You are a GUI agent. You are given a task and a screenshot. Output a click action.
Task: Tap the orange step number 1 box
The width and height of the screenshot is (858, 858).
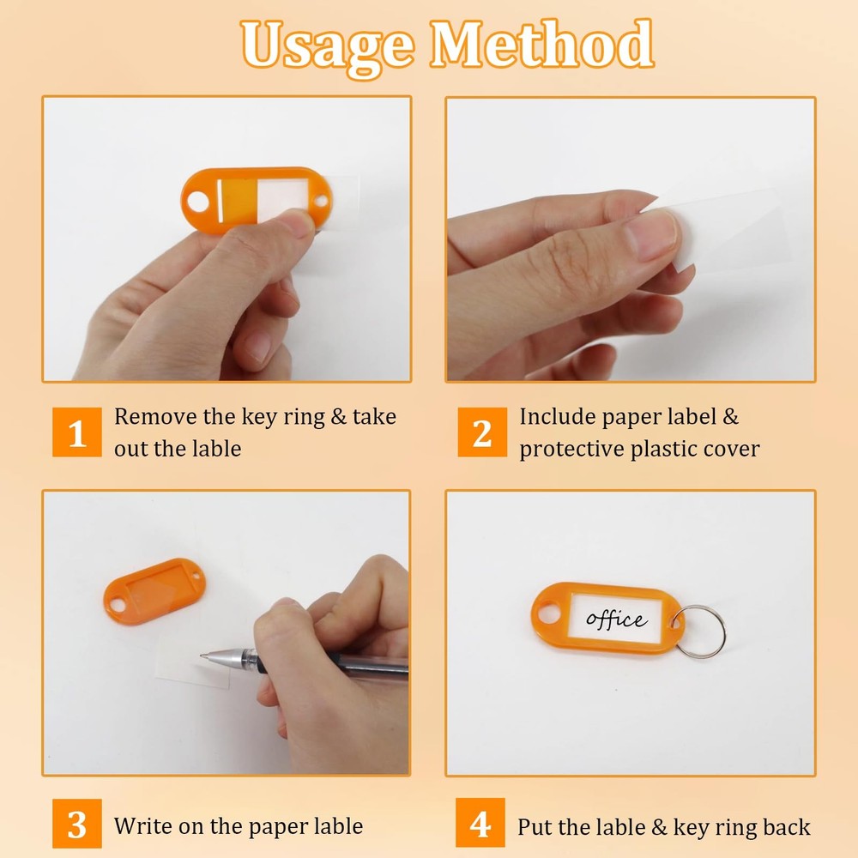point(76,432)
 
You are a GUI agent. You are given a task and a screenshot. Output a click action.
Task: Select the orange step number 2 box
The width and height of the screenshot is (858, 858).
point(481,432)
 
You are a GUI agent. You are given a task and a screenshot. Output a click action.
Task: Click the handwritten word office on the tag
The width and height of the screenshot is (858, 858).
point(615,618)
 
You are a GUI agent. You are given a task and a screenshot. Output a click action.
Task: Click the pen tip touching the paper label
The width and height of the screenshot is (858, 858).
point(205,656)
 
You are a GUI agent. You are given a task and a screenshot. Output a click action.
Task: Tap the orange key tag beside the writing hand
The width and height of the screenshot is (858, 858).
point(154,590)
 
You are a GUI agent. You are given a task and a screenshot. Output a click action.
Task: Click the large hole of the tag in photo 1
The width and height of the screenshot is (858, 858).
point(198,203)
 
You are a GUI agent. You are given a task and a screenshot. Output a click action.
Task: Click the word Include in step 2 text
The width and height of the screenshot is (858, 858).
point(557,417)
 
